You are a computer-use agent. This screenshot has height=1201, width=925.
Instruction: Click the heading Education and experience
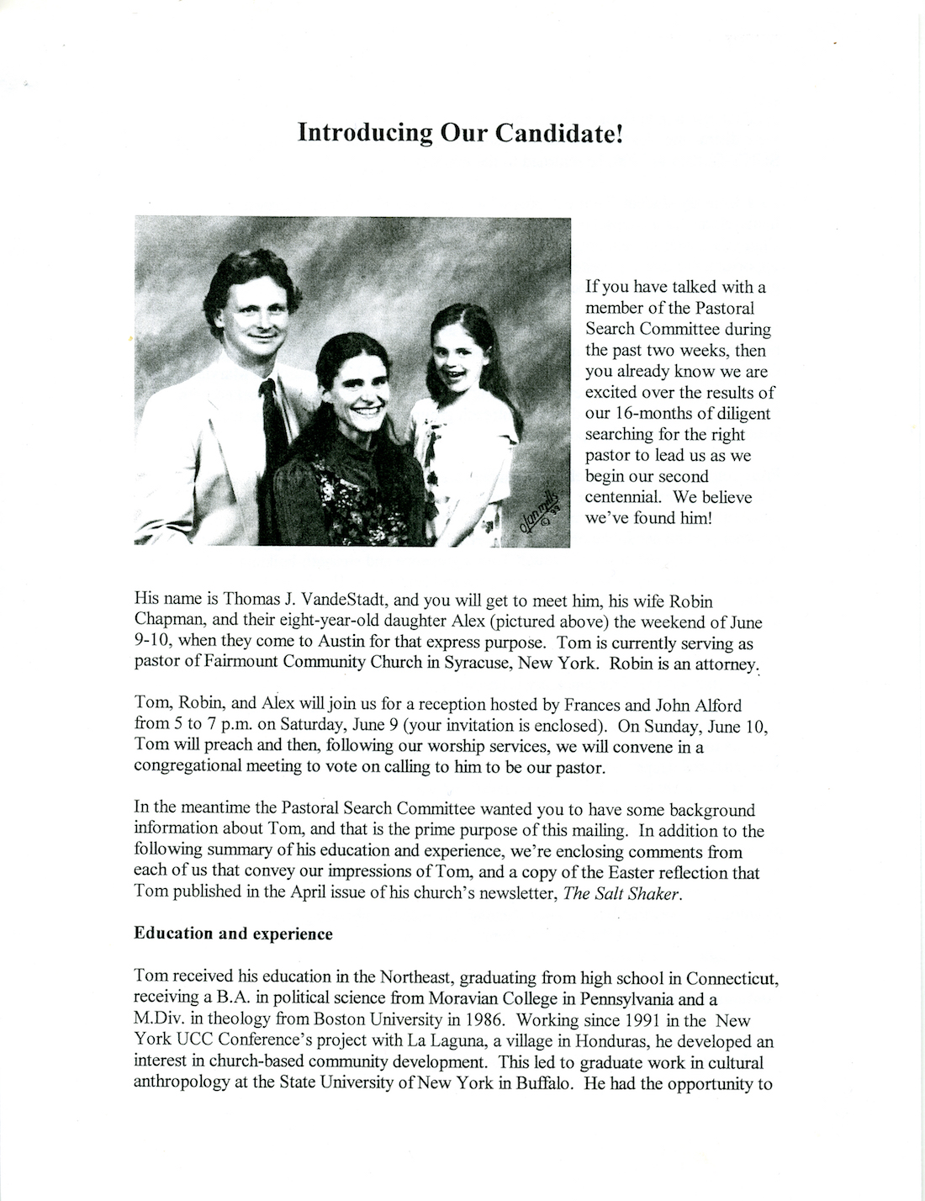click(233, 934)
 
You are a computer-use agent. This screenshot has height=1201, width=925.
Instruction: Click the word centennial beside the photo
click(622, 497)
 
